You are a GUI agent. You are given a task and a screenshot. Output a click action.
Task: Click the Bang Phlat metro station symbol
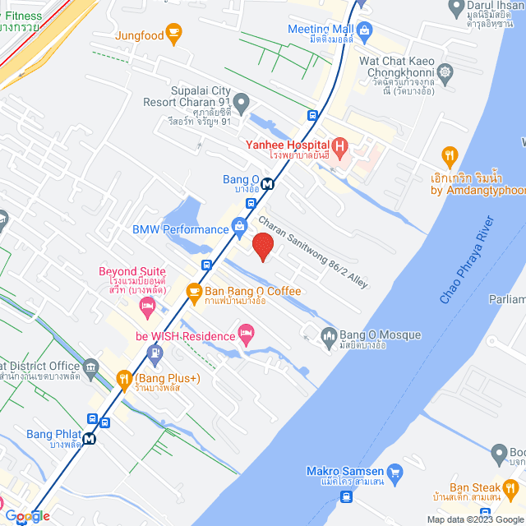[x=89, y=438]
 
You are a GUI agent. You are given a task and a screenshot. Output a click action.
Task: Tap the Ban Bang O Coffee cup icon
[x=194, y=291]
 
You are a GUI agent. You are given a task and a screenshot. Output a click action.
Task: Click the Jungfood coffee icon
[x=173, y=32]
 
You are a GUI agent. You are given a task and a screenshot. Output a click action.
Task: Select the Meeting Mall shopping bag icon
[x=366, y=30]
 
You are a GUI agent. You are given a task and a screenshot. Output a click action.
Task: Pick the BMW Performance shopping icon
[x=239, y=224]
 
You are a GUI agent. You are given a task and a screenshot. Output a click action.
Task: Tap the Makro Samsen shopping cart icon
[x=394, y=472]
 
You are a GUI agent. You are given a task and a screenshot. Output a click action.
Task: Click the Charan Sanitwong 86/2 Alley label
[x=313, y=251]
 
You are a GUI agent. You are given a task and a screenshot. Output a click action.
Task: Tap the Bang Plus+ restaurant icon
[x=124, y=378]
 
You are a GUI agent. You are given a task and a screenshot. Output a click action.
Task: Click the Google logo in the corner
[x=26, y=516]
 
